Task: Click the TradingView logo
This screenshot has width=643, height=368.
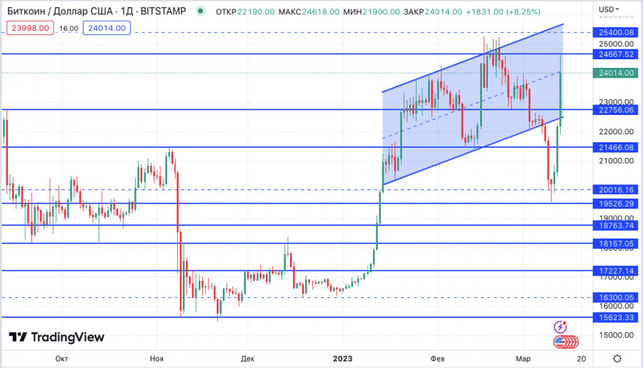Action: (56, 337)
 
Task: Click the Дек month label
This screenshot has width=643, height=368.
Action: (248, 358)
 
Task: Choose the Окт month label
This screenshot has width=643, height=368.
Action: (61, 358)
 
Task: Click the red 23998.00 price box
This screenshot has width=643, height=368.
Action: (29, 28)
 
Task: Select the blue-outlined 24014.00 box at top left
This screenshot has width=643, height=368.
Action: (106, 28)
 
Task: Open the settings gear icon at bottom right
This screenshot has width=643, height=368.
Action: (617, 358)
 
